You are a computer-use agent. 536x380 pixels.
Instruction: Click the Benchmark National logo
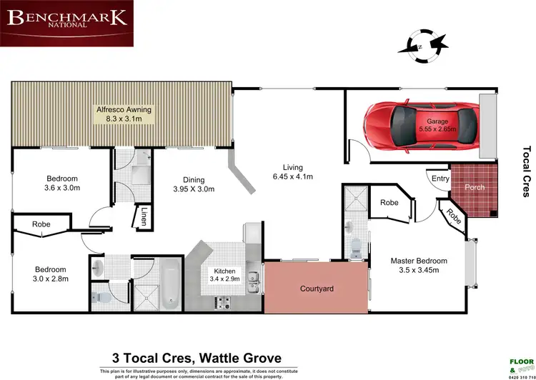(x=67, y=24)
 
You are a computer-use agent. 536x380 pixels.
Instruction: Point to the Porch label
(x=475, y=187)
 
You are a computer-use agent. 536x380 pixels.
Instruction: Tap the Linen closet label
(x=144, y=216)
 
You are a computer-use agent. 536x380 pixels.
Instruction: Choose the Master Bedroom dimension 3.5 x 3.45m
(x=419, y=271)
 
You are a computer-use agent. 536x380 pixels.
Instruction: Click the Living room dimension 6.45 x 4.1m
(x=294, y=176)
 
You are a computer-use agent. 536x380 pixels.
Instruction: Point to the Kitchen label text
(x=225, y=271)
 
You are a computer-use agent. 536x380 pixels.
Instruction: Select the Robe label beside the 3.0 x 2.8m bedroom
(x=40, y=225)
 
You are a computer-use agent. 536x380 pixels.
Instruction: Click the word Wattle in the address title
(x=219, y=359)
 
